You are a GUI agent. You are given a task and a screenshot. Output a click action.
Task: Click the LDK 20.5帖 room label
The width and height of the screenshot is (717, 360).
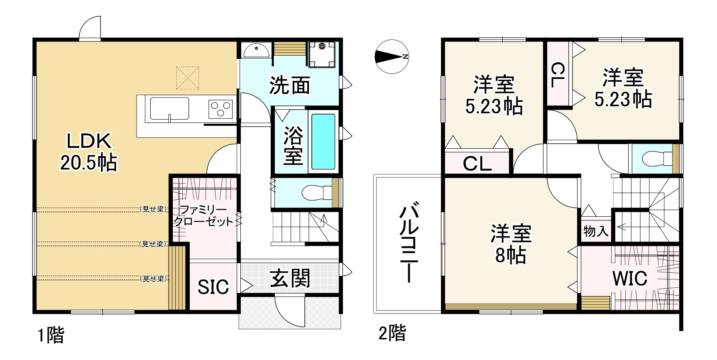(89, 152)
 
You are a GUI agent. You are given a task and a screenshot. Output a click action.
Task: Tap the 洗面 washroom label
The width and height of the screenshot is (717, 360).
(290, 85)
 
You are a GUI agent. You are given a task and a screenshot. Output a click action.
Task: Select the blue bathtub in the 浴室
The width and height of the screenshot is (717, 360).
(323, 141)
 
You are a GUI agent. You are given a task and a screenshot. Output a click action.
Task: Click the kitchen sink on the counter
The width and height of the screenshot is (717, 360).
(169, 109)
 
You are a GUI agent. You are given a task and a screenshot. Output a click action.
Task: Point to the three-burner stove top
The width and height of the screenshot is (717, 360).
(220, 109)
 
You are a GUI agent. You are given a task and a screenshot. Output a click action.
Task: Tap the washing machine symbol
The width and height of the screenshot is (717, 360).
(322, 54)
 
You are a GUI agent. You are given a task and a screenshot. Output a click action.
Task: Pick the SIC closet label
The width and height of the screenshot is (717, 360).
(213, 287)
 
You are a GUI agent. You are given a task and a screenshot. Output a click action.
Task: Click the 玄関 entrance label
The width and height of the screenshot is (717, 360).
(290, 278)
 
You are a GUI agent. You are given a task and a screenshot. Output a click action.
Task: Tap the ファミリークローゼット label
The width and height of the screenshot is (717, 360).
(203, 216)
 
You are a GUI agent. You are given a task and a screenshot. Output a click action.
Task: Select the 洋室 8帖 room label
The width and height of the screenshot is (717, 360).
(511, 244)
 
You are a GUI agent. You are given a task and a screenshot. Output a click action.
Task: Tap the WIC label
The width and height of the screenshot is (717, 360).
(629, 278)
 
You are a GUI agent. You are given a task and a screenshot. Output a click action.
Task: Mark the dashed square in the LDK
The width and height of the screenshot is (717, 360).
(188, 78)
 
